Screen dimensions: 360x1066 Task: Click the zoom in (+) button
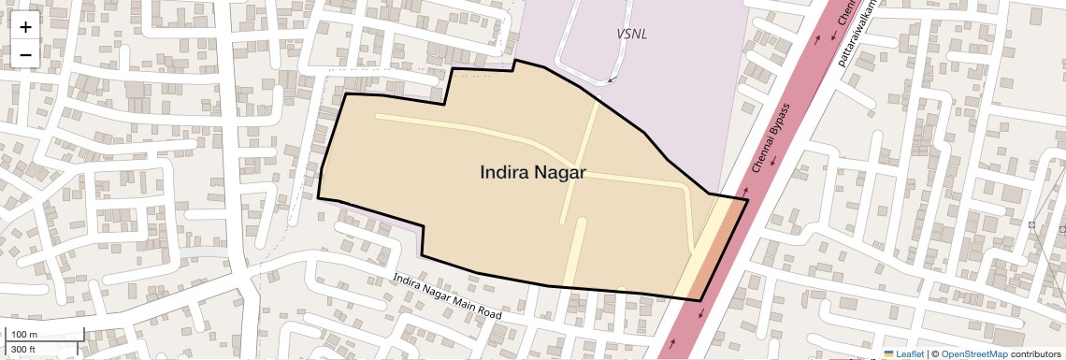coord(25,27)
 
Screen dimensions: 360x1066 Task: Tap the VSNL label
coord(632,34)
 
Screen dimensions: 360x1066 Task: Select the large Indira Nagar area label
coord(533,172)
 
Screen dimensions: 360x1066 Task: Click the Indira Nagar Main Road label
coord(447,296)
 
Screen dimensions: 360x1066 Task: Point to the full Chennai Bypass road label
coord(771,140)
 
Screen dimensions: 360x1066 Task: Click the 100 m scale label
coord(25,334)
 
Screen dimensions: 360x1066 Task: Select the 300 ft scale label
coord(23,350)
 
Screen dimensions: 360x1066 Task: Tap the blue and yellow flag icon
coord(889,354)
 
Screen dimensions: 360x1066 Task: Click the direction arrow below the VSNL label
coord(611,80)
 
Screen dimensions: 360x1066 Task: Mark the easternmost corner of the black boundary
coord(748,199)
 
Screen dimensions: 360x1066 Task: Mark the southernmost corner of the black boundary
coord(700,300)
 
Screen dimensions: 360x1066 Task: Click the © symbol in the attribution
coord(934,354)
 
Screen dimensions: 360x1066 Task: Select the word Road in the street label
coord(489,312)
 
